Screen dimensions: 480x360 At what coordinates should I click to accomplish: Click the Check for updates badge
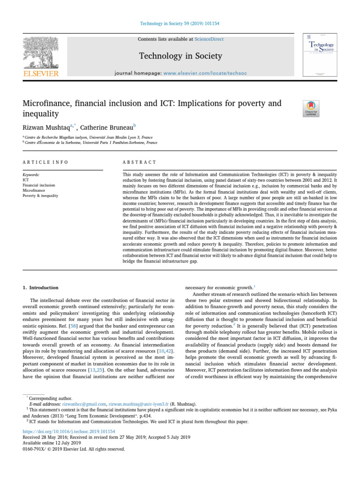tap(312, 109)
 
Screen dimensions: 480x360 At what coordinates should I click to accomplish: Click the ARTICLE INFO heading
tap(45, 162)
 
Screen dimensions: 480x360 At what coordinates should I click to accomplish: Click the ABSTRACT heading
tap(139, 162)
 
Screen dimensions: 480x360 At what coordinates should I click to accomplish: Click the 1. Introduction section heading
tap(41, 288)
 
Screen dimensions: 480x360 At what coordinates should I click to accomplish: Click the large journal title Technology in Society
tap(180, 57)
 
